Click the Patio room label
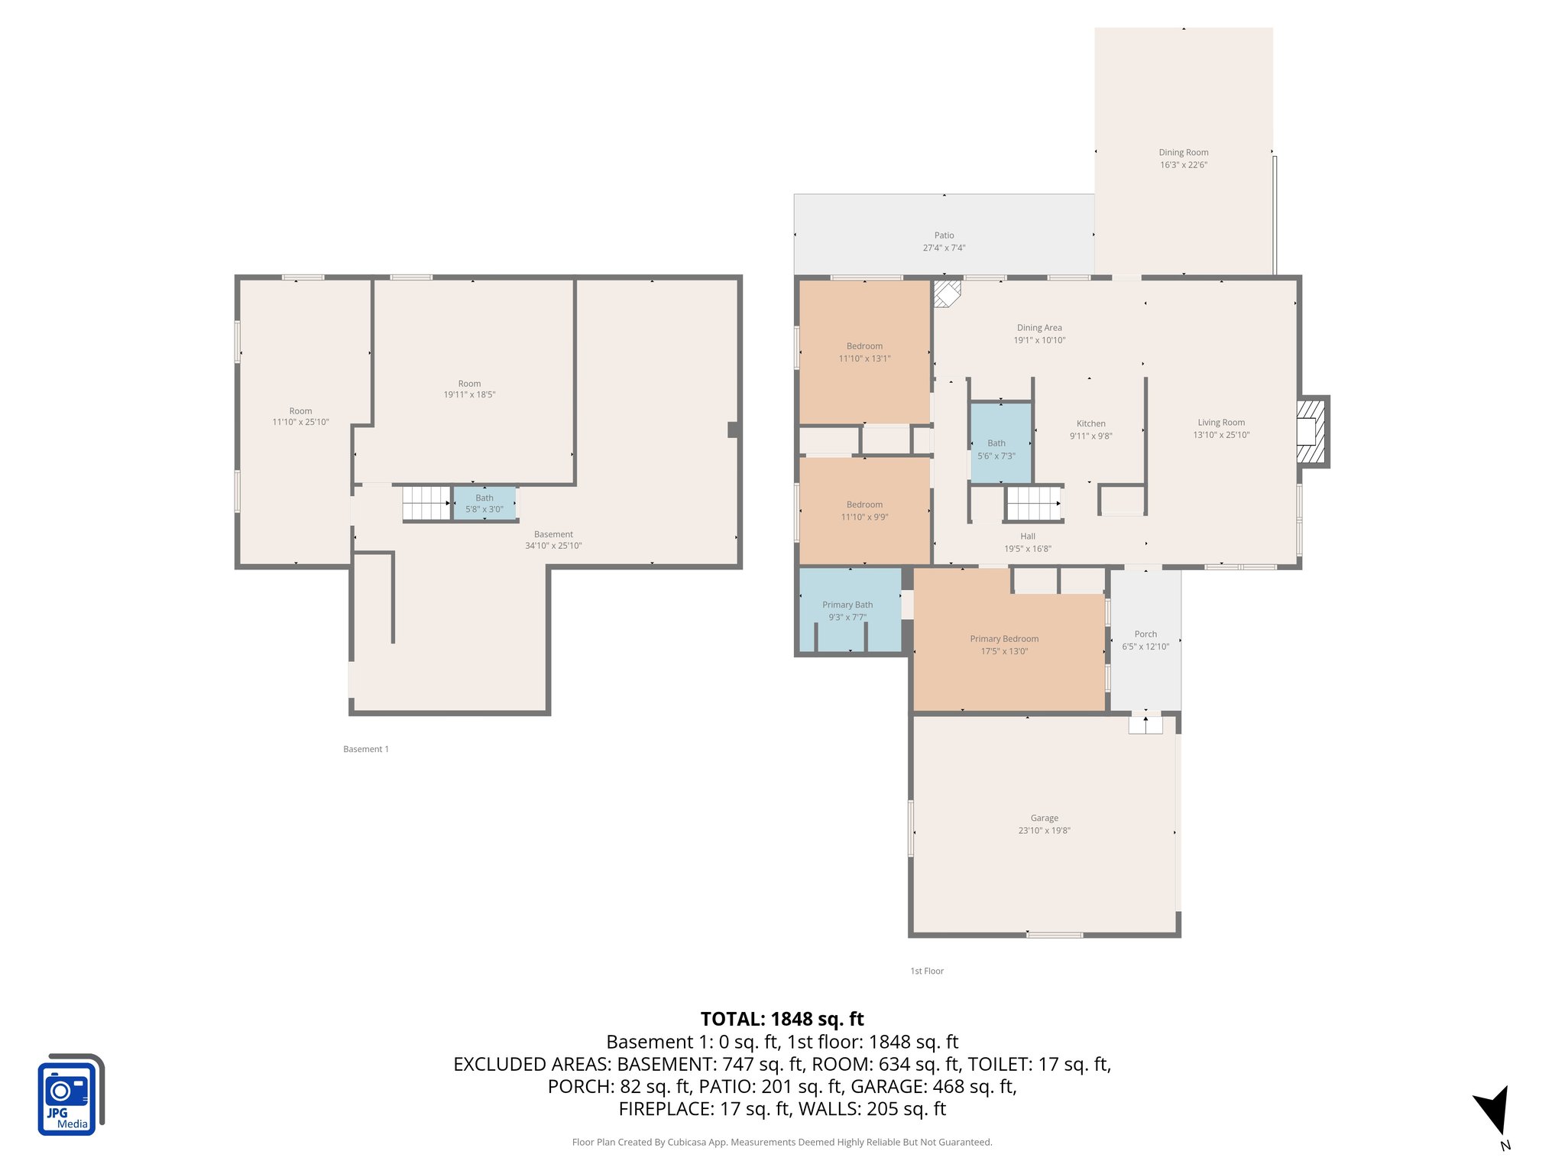point(944,235)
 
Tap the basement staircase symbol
point(426,502)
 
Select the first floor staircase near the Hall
point(1033,504)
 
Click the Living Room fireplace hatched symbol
point(1311,432)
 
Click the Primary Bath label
point(847,605)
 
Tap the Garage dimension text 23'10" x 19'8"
point(1044,830)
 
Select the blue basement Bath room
point(484,503)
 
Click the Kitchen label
point(1090,423)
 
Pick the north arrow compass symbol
point(1492,1111)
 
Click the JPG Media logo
point(70,1095)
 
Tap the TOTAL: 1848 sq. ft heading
point(782,1019)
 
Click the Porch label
point(1145,634)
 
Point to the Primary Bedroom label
point(1004,639)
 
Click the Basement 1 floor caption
point(366,749)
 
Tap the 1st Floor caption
point(927,971)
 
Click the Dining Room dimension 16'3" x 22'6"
point(1183,165)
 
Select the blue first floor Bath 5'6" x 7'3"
point(1000,443)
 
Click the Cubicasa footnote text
point(782,1142)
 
